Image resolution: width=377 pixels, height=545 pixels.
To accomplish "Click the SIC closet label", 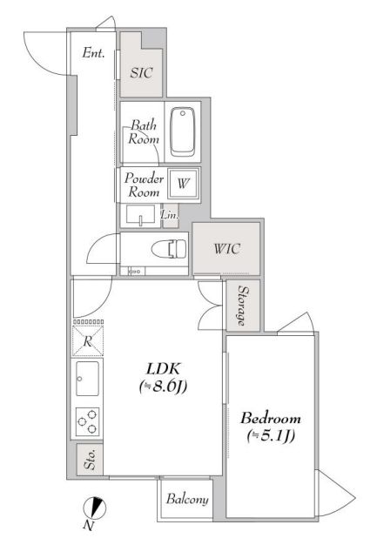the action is (x=141, y=72).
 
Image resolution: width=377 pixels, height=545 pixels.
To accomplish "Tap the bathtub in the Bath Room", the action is (x=183, y=131).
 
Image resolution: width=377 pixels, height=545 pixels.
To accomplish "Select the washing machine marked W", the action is (x=184, y=183).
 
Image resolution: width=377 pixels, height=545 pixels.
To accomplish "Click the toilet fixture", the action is (x=169, y=249).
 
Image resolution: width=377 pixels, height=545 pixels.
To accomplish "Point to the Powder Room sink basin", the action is (x=140, y=216).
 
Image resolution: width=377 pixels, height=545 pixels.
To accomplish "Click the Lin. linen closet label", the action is (x=170, y=215).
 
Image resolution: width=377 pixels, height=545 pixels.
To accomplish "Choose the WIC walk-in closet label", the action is (x=226, y=248).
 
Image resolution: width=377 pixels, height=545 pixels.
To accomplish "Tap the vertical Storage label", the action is (x=243, y=306).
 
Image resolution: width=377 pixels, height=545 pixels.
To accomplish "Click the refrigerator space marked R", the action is (x=88, y=341).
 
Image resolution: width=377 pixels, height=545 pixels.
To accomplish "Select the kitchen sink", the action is (x=87, y=379).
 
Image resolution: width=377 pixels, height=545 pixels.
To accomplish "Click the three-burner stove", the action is (x=87, y=421).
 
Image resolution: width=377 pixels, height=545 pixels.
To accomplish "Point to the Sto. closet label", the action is (x=90, y=460).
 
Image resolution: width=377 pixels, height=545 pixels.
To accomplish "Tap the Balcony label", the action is (x=187, y=499).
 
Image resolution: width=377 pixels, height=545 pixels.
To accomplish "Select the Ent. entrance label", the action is (x=93, y=53).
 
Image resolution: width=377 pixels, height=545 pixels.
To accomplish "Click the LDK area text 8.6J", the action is (x=163, y=387).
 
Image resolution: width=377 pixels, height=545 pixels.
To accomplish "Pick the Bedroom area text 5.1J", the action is (x=271, y=435).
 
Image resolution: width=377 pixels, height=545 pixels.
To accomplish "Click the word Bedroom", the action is (x=271, y=418).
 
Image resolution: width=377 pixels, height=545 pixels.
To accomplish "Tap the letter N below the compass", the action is (x=88, y=526).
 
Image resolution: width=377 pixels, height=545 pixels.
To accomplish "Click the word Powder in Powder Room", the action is (x=144, y=178).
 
